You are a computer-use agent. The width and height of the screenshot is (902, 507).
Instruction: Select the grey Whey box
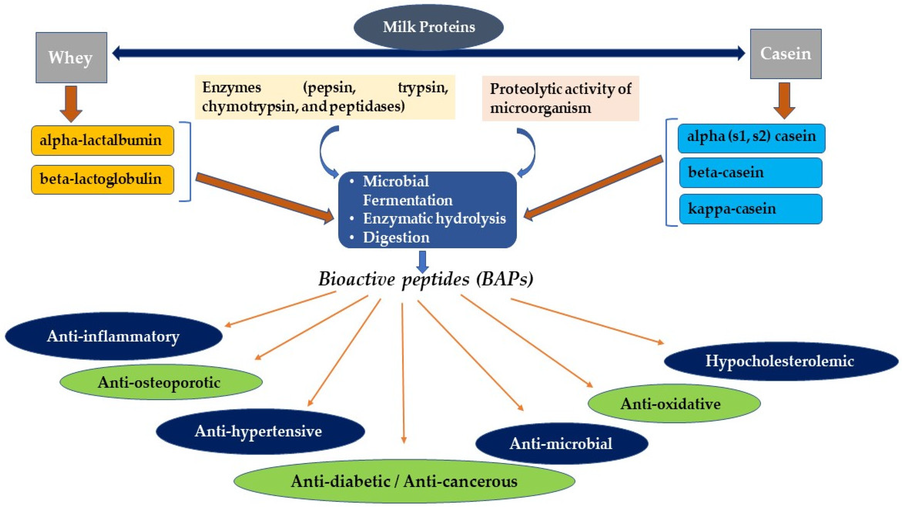point(71,58)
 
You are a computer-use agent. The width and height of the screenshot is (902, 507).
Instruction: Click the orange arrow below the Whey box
point(71,104)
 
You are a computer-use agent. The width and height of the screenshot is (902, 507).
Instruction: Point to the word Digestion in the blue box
point(396,237)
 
